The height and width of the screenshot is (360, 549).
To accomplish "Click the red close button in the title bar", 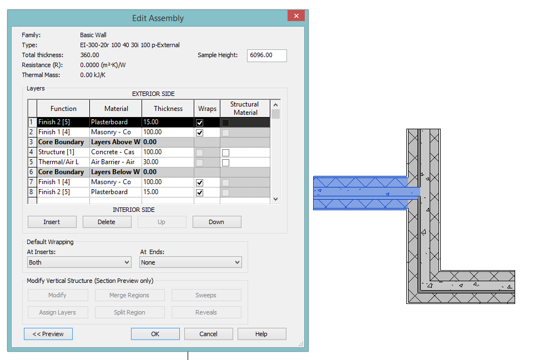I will click(296, 16).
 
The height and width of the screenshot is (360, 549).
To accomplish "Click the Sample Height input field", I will click(266, 55).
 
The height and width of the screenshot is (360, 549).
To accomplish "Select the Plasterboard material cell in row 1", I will click(115, 122).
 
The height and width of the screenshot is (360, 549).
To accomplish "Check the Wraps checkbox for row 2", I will click(200, 133).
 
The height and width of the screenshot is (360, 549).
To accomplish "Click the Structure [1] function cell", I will click(62, 152).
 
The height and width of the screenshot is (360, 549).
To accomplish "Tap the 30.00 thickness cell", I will click(168, 162).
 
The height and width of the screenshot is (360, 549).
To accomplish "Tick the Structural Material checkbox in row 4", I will click(226, 153).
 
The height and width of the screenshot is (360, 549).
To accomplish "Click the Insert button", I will click(52, 222).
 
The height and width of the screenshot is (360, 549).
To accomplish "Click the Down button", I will click(216, 222).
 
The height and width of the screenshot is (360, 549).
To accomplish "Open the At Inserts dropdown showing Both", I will click(79, 262).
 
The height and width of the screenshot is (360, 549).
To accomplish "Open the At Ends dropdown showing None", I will click(190, 262).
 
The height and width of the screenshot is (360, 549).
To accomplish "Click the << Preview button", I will click(48, 334).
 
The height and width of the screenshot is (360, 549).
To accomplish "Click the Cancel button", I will click(208, 334).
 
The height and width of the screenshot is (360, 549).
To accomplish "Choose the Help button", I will click(261, 334).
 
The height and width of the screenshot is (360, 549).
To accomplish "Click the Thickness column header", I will click(168, 109).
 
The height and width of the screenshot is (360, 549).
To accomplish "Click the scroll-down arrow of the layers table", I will click(276, 199).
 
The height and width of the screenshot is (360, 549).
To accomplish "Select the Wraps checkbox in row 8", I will click(200, 192).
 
